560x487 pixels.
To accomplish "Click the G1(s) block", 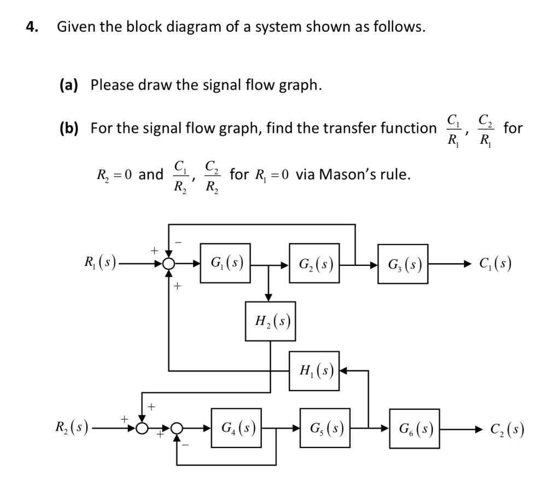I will coord(225,263).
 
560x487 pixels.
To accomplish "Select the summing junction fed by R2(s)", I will coord(143,427).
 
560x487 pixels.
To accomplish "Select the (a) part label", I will coord(69,85).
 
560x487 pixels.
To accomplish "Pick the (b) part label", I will coord(69,128).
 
